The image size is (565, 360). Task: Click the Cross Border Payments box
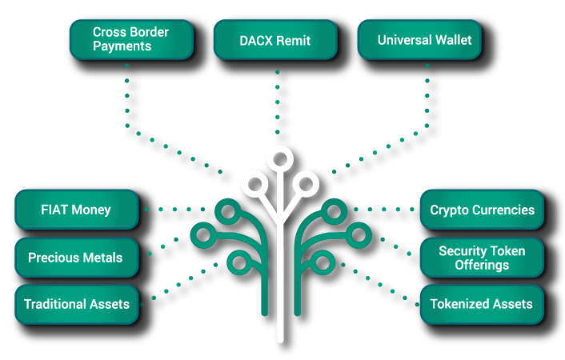click(131, 39)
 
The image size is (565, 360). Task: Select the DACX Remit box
click(274, 39)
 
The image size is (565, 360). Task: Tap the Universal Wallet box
click(419, 39)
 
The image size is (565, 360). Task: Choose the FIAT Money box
click(76, 210)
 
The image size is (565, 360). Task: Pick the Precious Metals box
click(76, 258)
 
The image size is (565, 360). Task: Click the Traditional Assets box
click(76, 304)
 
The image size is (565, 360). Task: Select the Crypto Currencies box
click(482, 210)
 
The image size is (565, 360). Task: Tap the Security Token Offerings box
click(482, 258)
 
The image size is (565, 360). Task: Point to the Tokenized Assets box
click(482, 304)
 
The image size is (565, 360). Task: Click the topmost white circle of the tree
click(279, 158)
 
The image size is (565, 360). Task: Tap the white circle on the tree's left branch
click(254, 185)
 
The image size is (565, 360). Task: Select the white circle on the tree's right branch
click(305, 185)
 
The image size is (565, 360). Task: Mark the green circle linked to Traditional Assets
click(238, 262)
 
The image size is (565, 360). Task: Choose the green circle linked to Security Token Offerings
click(357, 235)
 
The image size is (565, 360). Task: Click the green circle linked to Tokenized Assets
click(322, 262)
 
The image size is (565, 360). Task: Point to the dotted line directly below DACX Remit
click(278, 104)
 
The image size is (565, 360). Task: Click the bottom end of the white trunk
click(279, 338)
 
